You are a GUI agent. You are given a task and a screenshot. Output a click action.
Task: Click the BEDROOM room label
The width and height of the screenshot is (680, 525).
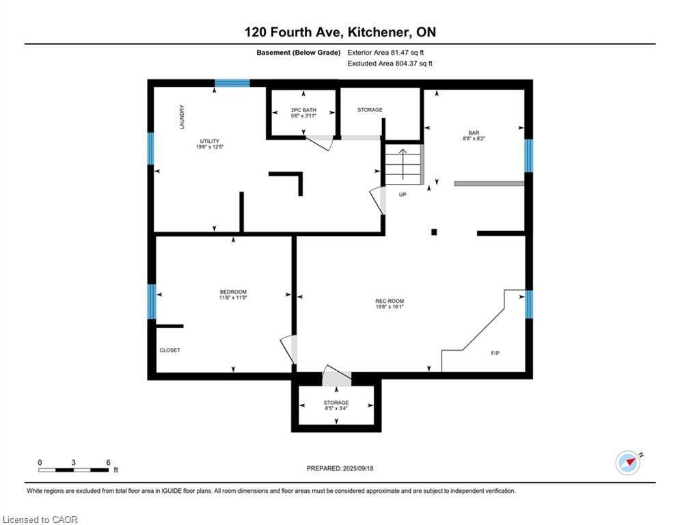233,292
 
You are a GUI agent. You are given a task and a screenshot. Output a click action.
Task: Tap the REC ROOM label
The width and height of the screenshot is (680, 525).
390,301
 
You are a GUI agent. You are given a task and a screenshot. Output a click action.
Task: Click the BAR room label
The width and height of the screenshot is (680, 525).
474,133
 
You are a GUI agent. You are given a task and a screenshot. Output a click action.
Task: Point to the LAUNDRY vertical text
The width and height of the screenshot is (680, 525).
182,117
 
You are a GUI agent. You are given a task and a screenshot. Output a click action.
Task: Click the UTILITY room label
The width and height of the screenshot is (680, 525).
209,141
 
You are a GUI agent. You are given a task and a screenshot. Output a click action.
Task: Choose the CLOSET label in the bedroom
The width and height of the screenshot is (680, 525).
169,350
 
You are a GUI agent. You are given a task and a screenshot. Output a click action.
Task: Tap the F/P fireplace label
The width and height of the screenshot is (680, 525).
495,353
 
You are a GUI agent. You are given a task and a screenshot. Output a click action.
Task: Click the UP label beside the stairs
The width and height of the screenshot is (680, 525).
403,194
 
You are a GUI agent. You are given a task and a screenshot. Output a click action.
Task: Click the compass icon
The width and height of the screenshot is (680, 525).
627,463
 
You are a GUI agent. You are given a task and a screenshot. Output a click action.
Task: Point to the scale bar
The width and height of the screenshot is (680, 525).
74,470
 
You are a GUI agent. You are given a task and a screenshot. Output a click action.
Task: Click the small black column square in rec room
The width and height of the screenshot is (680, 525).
434,232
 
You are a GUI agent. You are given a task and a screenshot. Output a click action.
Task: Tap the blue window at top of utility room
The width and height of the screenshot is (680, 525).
232,83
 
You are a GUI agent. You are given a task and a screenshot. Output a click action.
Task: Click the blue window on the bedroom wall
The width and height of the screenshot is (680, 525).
152,301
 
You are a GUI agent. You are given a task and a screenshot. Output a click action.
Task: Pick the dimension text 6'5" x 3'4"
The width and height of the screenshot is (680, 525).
336,409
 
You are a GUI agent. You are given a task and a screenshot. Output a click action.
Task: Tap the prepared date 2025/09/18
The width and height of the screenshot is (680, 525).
361,468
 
